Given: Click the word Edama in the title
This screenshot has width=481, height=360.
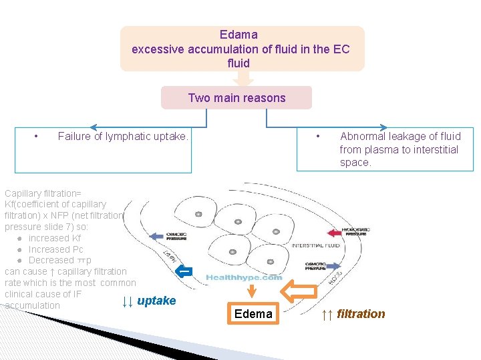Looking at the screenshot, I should pos(238,34).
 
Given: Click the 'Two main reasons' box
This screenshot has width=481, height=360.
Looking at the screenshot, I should pos(236,98).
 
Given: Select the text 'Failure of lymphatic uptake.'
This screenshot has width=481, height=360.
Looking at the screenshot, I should pos(123,136).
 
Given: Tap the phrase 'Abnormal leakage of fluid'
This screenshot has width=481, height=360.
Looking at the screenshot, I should pos(399,136).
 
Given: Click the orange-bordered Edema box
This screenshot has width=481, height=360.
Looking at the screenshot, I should pos(253,314).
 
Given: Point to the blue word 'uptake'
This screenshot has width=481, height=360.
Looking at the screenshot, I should pos(156,301).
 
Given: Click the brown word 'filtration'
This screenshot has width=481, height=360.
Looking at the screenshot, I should pos(361,314).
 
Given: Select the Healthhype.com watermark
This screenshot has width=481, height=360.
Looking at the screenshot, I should pos(244,277).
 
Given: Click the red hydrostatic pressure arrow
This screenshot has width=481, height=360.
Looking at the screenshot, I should pos(333,232).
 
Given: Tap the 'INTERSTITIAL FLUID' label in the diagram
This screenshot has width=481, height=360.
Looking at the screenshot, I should pos(315,245).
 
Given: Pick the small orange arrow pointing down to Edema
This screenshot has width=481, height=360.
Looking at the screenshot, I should pos(253,291).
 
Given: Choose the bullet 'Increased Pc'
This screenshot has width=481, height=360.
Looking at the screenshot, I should pos(56,249).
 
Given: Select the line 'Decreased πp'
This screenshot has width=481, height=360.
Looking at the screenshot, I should pos(60,260).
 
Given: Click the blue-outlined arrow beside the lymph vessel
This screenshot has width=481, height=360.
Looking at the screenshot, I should pos(184,271).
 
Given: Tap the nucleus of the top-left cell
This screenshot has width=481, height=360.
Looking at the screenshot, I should pos(198,214).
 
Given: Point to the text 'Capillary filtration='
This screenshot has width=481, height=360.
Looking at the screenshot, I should pos(43,193).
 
